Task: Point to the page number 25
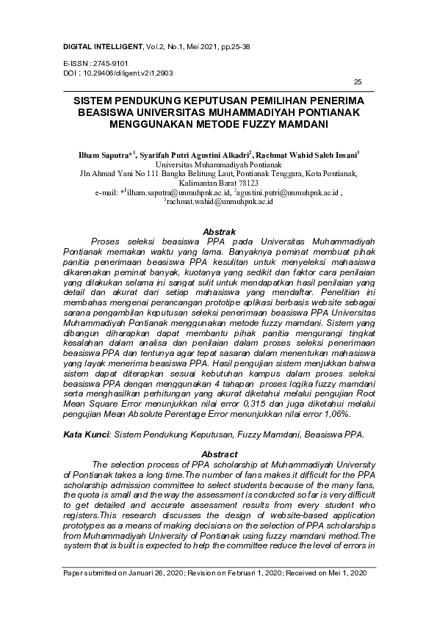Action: pyautogui.click(x=358, y=81)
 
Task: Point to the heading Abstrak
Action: pyautogui.click(x=218, y=232)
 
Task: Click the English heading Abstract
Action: pyautogui.click(x=219, y=454)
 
